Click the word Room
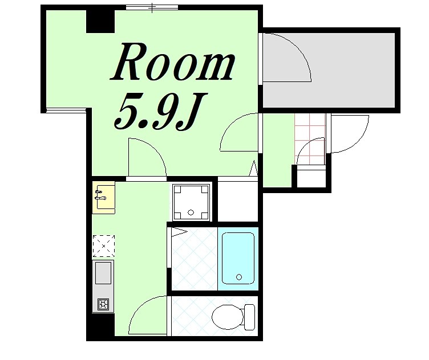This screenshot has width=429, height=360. (172, 62)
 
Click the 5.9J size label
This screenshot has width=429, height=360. (160, 112)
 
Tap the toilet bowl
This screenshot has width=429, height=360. (228, 317)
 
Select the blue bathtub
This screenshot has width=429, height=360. (238, 259)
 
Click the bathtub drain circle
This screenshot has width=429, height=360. (239, 277)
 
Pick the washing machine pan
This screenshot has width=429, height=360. (191, 202)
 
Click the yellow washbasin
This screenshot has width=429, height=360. (103, 197)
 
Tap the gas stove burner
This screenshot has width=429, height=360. (103, 304)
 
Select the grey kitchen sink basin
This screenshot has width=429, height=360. (103, 273)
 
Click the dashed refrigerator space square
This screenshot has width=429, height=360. (104, 246)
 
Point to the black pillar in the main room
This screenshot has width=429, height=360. (100, 21)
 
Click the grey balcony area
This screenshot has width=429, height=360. (329, 70)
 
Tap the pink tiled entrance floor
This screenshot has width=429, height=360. (310, 139)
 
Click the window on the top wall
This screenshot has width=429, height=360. (152, 7)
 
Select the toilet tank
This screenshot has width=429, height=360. (249, 317)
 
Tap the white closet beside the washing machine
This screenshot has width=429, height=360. (238, 201)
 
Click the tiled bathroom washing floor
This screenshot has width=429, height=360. (195, 259)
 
